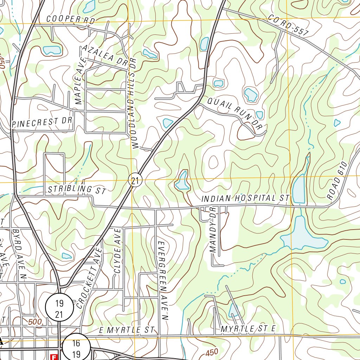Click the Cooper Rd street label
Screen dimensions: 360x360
coord(71,20)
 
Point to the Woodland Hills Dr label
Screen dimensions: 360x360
coord(133,102)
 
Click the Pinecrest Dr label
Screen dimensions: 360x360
coord(42,122)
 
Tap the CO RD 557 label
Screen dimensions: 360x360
coord(288,25)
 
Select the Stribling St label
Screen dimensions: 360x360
coord(77,190)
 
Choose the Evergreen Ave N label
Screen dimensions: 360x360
coord(162,280)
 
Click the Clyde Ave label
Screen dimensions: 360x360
coord(117,250)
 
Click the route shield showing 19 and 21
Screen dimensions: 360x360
coord(59,307)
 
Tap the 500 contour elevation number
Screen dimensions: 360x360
coord(35,321)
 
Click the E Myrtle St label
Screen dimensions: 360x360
coord(127,330)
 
